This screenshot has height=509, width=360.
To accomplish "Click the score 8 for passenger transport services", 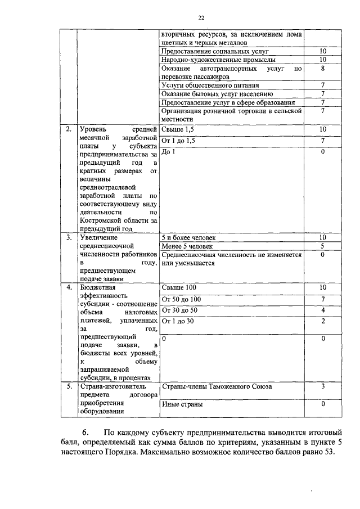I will [323, 67].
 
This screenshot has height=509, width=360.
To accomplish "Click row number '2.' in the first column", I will [68, 130].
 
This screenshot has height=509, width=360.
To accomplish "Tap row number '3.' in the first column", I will [68, 237].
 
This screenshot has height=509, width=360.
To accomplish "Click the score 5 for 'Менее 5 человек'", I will [323, 246].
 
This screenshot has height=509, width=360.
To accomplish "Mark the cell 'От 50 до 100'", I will [181, 299].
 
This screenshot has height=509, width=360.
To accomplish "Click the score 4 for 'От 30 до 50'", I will [323, 310].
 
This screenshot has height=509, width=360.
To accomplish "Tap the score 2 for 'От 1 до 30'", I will [323, 321].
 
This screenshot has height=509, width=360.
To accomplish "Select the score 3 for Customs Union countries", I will [323, 387].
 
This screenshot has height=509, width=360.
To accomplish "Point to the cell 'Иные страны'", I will [182, 404].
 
